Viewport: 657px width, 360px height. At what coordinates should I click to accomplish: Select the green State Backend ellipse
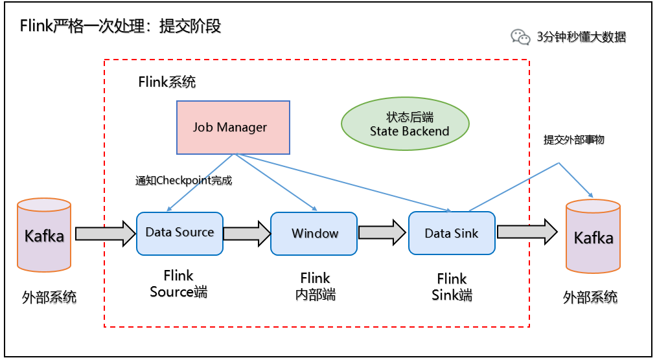coord(405,124)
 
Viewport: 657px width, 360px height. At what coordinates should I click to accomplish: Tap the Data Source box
coord(179,233)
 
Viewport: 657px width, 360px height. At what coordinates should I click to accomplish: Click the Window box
coord(314,233)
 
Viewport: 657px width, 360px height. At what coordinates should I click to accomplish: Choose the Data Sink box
coord(452,233)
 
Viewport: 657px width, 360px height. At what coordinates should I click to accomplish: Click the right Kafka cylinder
coord(593,236)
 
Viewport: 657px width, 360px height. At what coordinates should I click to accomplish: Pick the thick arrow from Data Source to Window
coord(247,233)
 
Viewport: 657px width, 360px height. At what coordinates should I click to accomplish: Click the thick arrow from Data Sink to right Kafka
coord(527,232)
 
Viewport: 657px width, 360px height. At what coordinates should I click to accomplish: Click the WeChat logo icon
coord(520,37)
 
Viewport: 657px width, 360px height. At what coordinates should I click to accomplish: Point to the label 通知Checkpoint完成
coord(183,181)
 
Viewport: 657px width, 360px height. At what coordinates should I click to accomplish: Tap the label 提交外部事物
coord(574,139)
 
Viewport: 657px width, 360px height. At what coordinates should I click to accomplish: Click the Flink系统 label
coord(167,82)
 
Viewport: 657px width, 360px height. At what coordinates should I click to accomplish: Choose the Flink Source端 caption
coord(179,284)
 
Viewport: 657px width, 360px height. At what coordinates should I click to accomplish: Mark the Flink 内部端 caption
coord(315,287)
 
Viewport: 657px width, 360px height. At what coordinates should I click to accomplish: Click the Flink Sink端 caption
coord(452,287)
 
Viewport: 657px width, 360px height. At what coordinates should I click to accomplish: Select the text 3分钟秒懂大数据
coord(581,37)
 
